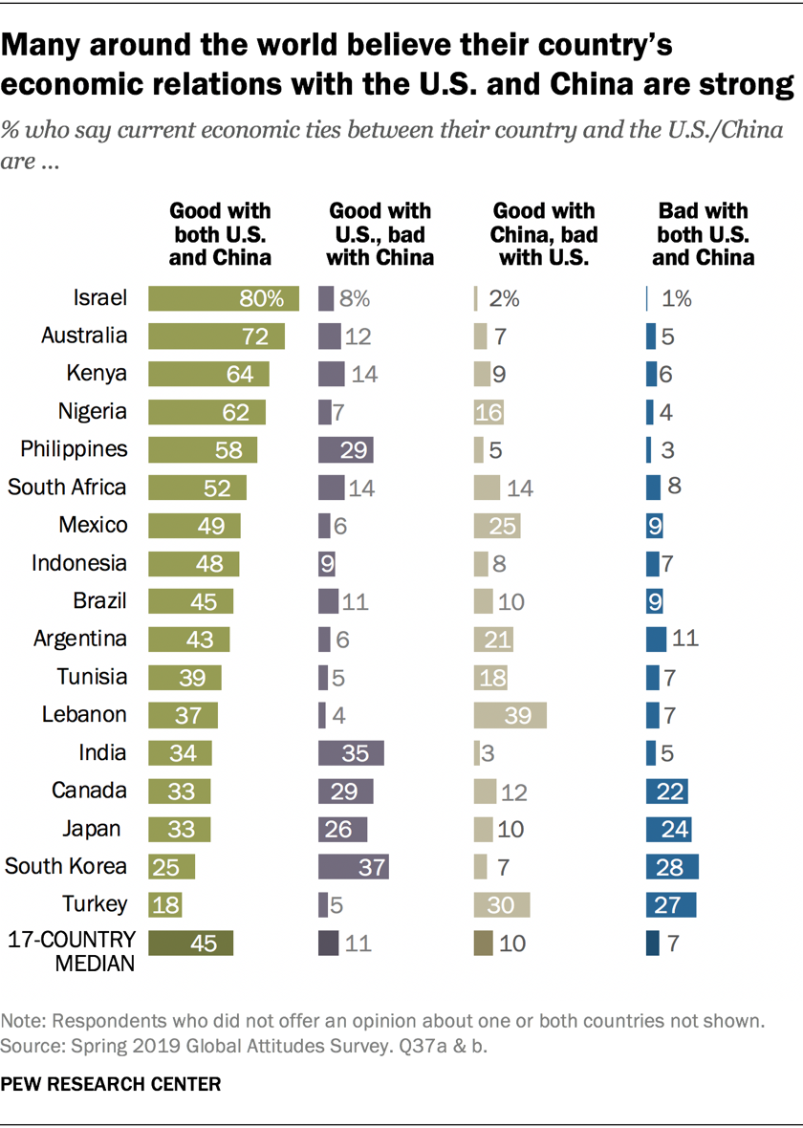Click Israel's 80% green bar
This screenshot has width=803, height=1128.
pos(224,298)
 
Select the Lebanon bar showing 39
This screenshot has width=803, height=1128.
pos(510,715)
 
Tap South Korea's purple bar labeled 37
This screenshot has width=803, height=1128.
pos(354,867)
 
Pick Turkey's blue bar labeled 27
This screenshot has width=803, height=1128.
pos(671,904)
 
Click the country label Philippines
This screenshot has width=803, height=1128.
pos(66,449)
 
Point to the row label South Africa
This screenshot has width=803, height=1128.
pos(67,488)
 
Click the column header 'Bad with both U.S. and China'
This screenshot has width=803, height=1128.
pos(704,233)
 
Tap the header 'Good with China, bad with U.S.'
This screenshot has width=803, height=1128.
pos(544,233)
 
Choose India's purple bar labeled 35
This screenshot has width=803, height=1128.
pos(352,753)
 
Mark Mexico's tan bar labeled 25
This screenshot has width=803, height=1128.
pos(497,526)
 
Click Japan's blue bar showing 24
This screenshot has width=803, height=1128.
pos(669,829)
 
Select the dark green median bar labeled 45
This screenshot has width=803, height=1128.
pos(190,943)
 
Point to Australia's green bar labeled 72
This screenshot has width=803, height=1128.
pos(217,336)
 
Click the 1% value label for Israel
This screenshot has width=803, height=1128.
pos(677,298)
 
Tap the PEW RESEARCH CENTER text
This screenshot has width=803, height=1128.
pos(113,1084)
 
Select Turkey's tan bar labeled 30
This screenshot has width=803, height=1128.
pos(502,904)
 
